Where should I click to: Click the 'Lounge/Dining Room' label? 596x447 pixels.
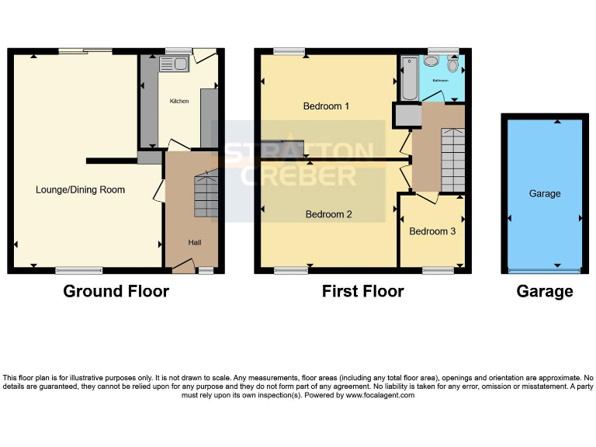tap(80, 189)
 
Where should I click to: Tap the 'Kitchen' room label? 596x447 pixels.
tap(179, 101)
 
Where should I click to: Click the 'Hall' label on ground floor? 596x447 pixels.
tap(194, 243)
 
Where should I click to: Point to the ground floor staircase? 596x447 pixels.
tap(206, 195)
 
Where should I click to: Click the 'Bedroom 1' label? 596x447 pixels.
tap(326, 106)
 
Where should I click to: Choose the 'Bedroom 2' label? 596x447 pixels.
tap(328, 214)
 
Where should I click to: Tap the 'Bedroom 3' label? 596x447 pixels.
tap(432, 231)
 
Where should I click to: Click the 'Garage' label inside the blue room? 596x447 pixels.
tap(544, 193)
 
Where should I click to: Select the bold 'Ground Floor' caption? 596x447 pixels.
tap(116, 292)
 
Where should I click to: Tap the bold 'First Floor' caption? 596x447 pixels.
tap(362, 292)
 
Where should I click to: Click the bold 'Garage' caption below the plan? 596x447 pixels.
tap(545, 292)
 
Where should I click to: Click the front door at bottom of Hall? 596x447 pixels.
tap(182, 266)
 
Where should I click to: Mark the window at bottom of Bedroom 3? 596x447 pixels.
tap(438, 270)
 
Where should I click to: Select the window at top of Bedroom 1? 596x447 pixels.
tap(288, 52)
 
